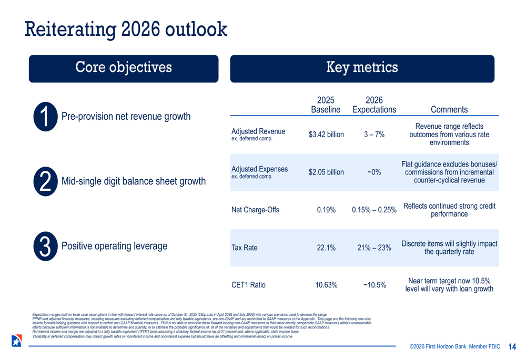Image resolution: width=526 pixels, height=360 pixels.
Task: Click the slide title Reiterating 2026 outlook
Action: pos(126,29)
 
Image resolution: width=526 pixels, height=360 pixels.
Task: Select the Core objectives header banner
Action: pos(124,68)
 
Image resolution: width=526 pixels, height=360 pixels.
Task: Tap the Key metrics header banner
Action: pos(362,68)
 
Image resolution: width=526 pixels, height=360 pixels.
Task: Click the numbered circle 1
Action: pos(45,117)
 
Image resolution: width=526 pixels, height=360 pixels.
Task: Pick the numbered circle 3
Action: pos(45,246)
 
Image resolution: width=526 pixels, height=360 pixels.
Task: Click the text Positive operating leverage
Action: pos(114,246)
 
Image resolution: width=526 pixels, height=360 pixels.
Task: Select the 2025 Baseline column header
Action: pos(326,105)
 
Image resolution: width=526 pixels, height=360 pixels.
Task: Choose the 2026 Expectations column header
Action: pos(374,105)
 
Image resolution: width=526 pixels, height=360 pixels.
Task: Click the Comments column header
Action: pos(449,109)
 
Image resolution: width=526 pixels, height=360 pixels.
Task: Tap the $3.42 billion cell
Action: pos(326,135)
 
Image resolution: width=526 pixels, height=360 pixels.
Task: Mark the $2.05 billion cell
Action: pos(326,172)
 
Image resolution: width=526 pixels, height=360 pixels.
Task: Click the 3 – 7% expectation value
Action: pos(374,135)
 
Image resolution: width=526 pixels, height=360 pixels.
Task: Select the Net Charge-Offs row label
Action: pos(255,210)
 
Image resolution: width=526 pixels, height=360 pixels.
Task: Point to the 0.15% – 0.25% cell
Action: pos(374,210)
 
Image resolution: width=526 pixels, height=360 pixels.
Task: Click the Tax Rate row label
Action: pos(245,248)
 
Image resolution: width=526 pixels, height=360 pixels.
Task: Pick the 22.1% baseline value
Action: pos(326,248)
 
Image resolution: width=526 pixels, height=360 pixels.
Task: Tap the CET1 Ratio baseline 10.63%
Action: pos(326,285)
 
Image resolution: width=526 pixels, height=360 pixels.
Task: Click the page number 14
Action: pos(512,347)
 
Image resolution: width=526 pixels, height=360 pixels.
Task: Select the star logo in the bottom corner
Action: pos(17,341)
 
